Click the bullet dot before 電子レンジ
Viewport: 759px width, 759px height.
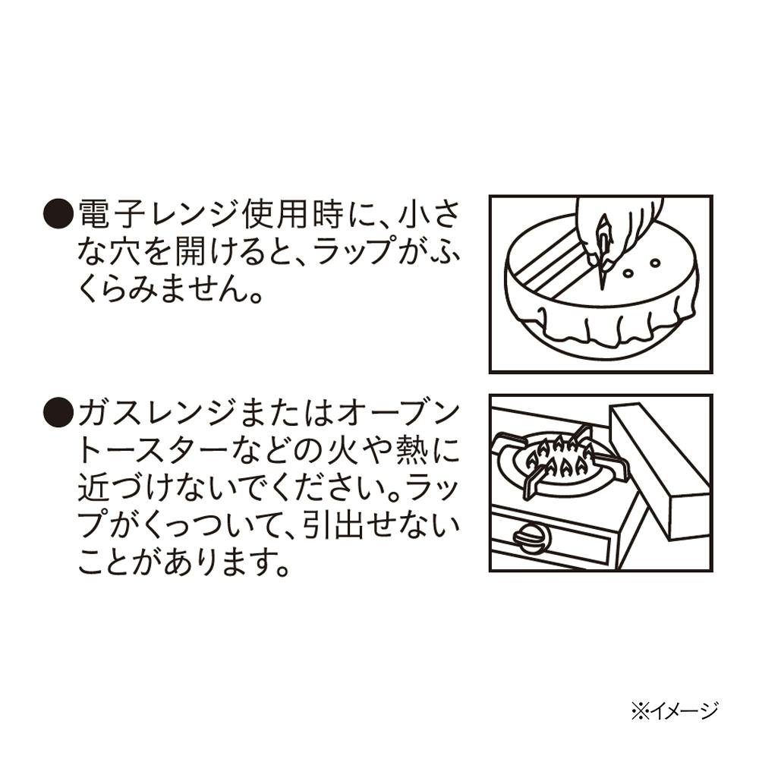click(x=58, y=213)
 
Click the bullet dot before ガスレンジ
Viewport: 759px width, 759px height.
click(x=58, y=413)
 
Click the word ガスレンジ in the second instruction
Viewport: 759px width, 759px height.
click(x=159, y=413)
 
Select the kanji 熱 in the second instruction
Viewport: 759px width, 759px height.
click(x=411, y=451)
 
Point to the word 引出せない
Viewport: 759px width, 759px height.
click(x=381, y=526)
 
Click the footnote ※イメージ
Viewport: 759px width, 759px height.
click(x=675, y=711)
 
